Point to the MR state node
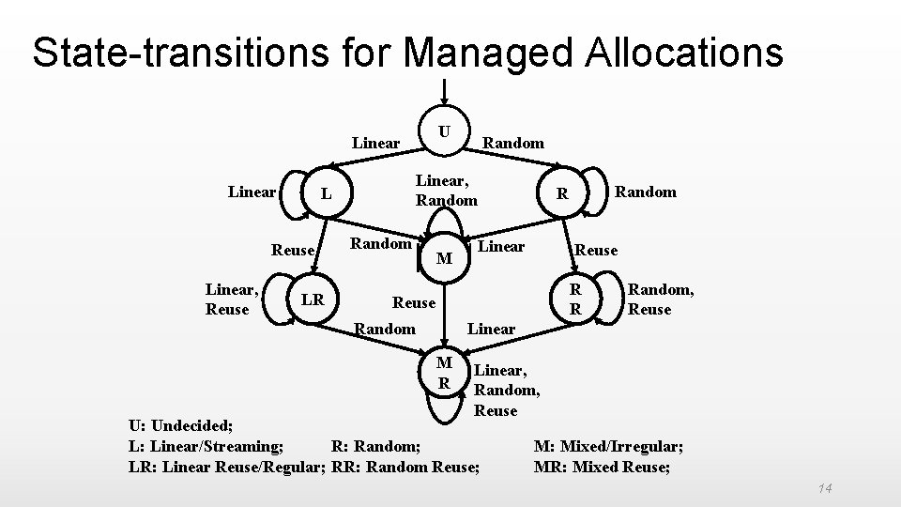[446, 373]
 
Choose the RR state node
[577, 299]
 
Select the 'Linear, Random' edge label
[447, 190]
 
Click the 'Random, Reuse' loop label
[661, 300]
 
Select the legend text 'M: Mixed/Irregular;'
[608, 446]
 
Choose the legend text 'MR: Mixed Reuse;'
[602, 467]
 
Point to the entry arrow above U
[447, 90]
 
